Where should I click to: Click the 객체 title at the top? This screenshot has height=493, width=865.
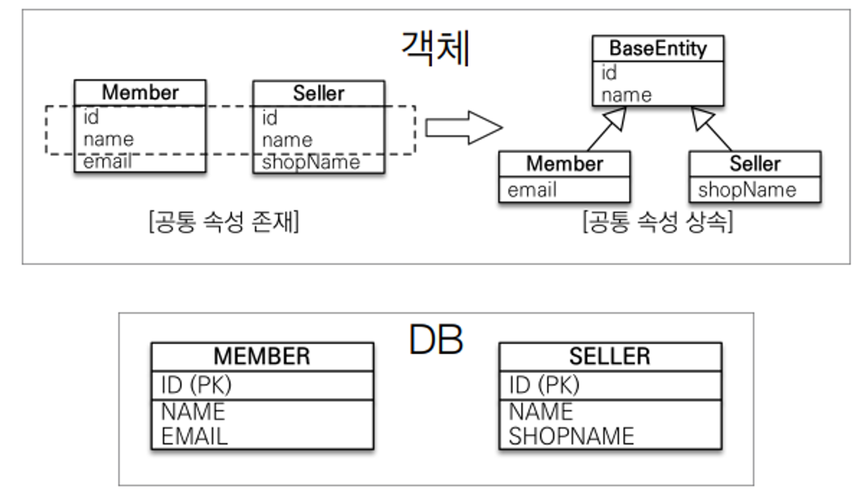pyautogui.click(x=436, y=48)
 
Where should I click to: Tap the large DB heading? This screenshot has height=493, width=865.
pyautogui.click(x=436, y=340)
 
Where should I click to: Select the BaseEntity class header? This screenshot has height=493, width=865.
pyautogui.click(x=657, y=48)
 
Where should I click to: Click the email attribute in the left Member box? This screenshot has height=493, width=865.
pyautogui.click(x=107, y=162)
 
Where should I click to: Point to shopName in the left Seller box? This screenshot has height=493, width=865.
pyautogui.click(x=311, y=162)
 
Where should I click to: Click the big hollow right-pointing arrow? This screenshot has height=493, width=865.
pyautogui.click(x=464, y=128)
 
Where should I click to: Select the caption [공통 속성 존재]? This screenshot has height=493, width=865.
pyautogui.click(x=224, y=222)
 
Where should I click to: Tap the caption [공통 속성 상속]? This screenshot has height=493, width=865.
pyautogui.click(x=658, y=222)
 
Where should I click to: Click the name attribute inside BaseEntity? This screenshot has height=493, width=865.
pyautogui.click(x=626, y=95)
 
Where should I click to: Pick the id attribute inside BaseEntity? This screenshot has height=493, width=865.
pyautogui.click(x=609, y=73)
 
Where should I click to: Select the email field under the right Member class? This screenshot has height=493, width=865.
pyautogui.click(x=532, y=190)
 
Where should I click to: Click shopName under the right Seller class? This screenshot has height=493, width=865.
pyautogui.click(x=747, y=190)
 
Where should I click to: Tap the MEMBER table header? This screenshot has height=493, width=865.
pyautogui.click(x=262, y=356)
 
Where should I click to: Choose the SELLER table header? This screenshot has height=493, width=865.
pyautogui.click(x=610, y=356)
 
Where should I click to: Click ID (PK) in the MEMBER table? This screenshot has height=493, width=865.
pyautogui.click(x=196, y=385)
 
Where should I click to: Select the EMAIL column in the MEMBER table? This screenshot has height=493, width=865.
pyautogui.click(x=194, y=436)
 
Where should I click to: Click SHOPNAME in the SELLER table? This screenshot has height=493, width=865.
pyautogui.click(x=571, y=436)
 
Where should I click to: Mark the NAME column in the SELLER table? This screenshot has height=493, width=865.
pyautogui.click(x=541, y=411)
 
